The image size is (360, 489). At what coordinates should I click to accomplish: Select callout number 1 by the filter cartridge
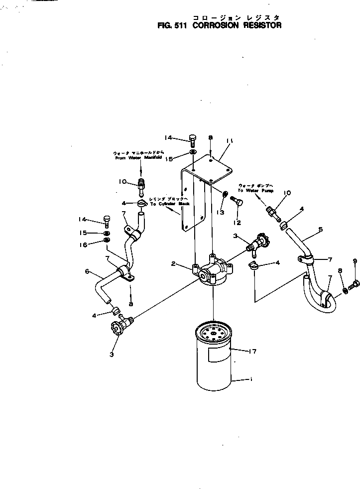[x=250, y=380]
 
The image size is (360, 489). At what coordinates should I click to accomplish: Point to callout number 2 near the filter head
[x=173, y=264]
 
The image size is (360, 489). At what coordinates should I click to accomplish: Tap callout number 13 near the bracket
[x=221, y=212]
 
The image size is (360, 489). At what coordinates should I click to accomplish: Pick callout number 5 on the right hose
[x=321, y=230]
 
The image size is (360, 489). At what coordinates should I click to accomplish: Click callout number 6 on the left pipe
[x=87, y=271]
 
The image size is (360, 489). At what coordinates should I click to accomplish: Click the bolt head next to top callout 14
[x=193, y=138]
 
